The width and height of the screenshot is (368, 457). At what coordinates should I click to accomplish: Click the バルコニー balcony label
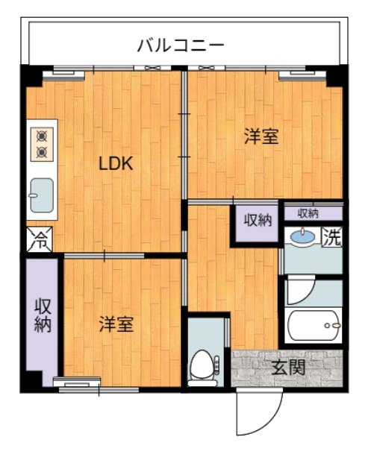(181, 45)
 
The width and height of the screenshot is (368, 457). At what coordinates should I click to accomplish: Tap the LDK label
(116, 163)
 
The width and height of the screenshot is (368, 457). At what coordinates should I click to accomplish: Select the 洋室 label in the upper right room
(261, 136)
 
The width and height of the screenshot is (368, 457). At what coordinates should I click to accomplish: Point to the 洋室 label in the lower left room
(116, 324)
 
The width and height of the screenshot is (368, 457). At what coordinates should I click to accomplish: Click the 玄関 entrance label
(288, 368)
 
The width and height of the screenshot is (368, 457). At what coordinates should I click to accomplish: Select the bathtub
(314, 325)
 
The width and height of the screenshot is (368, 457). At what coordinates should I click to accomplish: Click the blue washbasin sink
(302, 235)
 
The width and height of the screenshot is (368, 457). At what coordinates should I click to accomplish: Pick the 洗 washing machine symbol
(332, 238)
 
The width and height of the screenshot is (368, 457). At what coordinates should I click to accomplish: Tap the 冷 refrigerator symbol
(40, 239)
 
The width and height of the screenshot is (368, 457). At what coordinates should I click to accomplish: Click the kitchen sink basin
(42, 195)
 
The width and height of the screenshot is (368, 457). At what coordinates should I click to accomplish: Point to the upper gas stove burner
(42, 136)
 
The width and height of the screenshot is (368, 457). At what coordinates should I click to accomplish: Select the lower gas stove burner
(42, 152)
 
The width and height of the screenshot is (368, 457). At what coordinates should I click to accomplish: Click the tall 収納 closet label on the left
(43, 315)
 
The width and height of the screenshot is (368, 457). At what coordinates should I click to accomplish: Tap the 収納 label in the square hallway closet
(258, 221)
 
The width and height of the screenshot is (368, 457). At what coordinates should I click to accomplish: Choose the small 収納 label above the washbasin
(308, 214)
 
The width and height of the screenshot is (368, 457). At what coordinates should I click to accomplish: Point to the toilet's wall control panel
(216, 365)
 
